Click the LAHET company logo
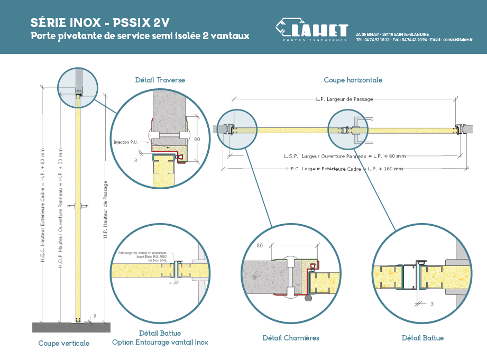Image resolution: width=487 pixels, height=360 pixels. point(312,30)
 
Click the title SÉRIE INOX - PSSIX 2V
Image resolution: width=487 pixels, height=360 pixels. point(100,23)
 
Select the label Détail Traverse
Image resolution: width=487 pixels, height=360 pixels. point(160,80)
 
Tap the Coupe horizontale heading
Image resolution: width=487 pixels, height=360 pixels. point(353,80)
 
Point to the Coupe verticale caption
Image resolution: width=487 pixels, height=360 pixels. point(64,343)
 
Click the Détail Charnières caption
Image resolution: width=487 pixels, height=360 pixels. point(291,338)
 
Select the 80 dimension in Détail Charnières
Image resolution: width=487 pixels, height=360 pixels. point(259,246)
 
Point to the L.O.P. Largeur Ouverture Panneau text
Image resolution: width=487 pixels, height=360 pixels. point(343,156)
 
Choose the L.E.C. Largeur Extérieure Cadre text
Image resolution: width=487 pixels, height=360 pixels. point(343,169)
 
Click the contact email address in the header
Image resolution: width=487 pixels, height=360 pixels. point(458,40)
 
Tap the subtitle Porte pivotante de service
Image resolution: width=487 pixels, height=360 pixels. point(140,36)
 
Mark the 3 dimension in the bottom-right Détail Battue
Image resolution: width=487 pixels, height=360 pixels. point(432,304)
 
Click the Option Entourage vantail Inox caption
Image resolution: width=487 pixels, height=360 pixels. point(160,343)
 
